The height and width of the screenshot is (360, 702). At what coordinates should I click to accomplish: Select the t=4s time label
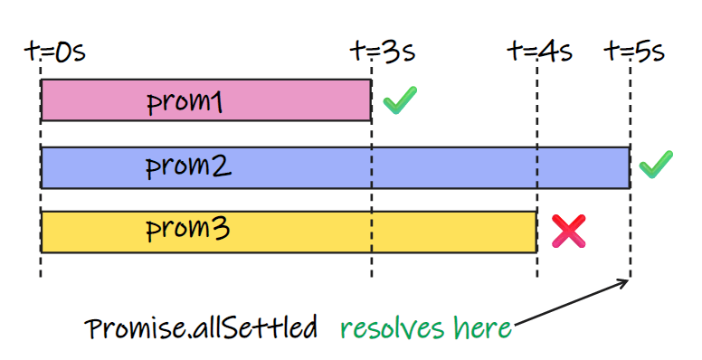[540, 52]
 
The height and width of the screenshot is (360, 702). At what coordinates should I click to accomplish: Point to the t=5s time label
[635, 52]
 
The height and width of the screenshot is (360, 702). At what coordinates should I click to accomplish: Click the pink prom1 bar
[271, 99]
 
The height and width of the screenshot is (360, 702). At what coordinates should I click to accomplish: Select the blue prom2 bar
[407, 167]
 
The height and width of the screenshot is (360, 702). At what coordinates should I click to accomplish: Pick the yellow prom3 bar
[362, 232]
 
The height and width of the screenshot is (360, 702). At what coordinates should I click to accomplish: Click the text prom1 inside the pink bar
[185, 102]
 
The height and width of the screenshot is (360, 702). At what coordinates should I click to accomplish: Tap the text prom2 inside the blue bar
[189, 168]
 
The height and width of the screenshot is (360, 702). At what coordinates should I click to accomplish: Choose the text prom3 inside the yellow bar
[187, 231]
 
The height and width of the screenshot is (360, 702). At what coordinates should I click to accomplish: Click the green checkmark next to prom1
[399, 100]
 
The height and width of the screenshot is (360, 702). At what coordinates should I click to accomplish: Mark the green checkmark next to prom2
[657, 165]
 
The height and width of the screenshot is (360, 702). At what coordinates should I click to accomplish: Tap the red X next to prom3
[569, 232]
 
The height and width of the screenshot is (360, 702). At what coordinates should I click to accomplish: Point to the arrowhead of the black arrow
[625, 284]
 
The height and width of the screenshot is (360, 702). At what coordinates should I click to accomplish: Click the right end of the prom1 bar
[369, 99]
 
